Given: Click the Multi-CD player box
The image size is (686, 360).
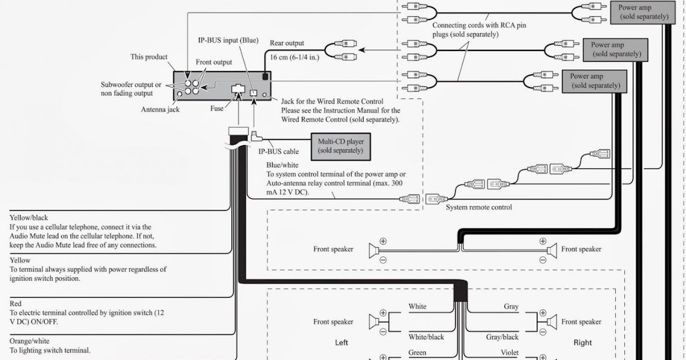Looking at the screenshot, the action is [341, 147].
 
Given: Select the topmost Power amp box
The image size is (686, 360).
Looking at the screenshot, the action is [643, 13].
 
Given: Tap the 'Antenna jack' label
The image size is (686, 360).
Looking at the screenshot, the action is [160, 109].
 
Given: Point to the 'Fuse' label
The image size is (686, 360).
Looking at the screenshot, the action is [217, 109].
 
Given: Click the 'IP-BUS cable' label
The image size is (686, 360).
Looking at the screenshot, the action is [278, 151].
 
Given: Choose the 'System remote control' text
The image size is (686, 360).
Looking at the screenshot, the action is [478, 207].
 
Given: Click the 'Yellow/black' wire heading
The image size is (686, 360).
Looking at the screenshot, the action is [29, 218].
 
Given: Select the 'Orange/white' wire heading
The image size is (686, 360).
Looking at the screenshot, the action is [29, 341].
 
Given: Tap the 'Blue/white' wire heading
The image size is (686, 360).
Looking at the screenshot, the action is [282, 165].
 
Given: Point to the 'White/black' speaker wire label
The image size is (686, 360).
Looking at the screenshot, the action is [426, 337].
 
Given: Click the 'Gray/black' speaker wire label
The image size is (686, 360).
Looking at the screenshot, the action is [502, 337].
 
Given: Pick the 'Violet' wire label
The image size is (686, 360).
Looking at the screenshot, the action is [509, 353].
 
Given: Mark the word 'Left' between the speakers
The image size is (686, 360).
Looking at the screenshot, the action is [341, 342].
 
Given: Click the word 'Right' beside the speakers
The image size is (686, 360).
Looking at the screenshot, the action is [583, 342].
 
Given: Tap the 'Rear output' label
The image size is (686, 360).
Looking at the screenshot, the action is [286, 43].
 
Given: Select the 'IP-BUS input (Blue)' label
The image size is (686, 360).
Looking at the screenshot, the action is [228, 41].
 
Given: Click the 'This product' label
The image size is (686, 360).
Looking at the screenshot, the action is [149, 57].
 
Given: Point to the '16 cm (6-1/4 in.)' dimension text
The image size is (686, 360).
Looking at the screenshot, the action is [294, 57].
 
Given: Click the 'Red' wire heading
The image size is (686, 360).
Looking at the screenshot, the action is [15, 303].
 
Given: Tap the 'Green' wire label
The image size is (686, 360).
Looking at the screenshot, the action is [417, 353].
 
